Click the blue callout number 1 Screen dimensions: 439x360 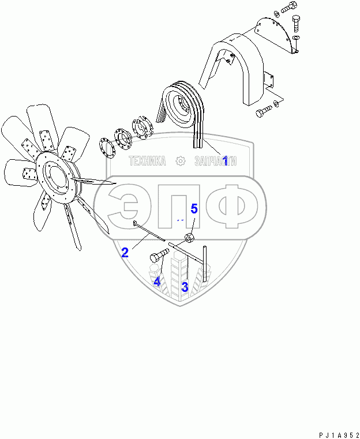(225, 161)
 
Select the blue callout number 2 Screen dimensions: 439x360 (125, 252)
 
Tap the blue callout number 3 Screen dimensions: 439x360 (185, 287)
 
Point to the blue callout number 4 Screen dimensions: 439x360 (157, 282)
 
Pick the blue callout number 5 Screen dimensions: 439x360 (194, 209)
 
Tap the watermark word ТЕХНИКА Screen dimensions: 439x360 (147, 162)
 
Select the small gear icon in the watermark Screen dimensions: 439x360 (181, 161)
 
